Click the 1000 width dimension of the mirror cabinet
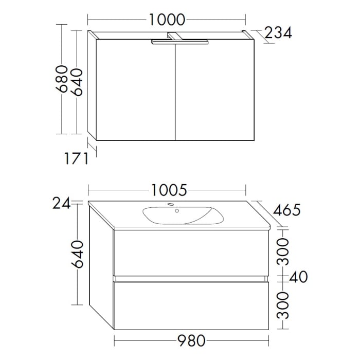pyautogui.click(x=167, y=20)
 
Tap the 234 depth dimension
pyautogui.click(x=278, y=33)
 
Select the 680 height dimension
pyautogui.click(x=62, y=79)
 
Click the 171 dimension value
pyautogui.click(x=76, y=158)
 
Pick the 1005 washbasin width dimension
pyautogui.click(x=168, y=191)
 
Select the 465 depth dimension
pyautogui.click(x=287, y=210)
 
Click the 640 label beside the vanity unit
pyautogui.click(x=77, y=254)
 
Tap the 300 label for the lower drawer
pyautogui.click(x=282, y=305)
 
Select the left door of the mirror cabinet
pyautogui.click(x=135, y=90)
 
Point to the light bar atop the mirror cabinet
pyautogui.click(x=180, y=44)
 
